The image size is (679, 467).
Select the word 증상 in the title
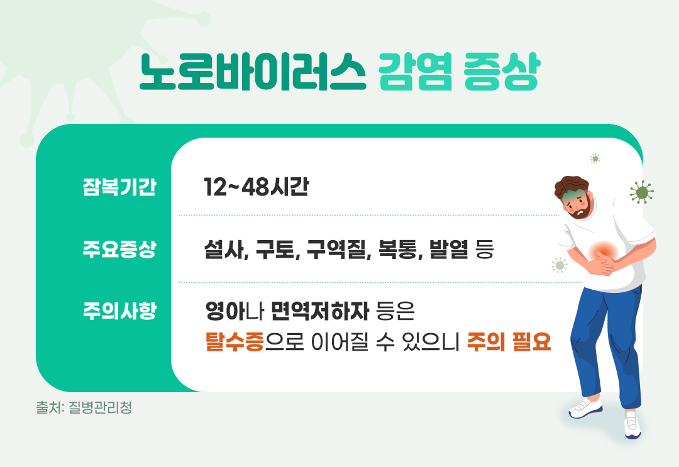pyautogui.click(x=500, y=74)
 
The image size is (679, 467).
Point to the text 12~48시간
pyautogui.click(x=256, y=187)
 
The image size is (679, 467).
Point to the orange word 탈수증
pyautogui.click(x=234, y=343)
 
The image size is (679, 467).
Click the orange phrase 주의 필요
pyautogui.click(x=509, y=343)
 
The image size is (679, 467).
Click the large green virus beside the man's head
pyautogui.click(x=641, y=192)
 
